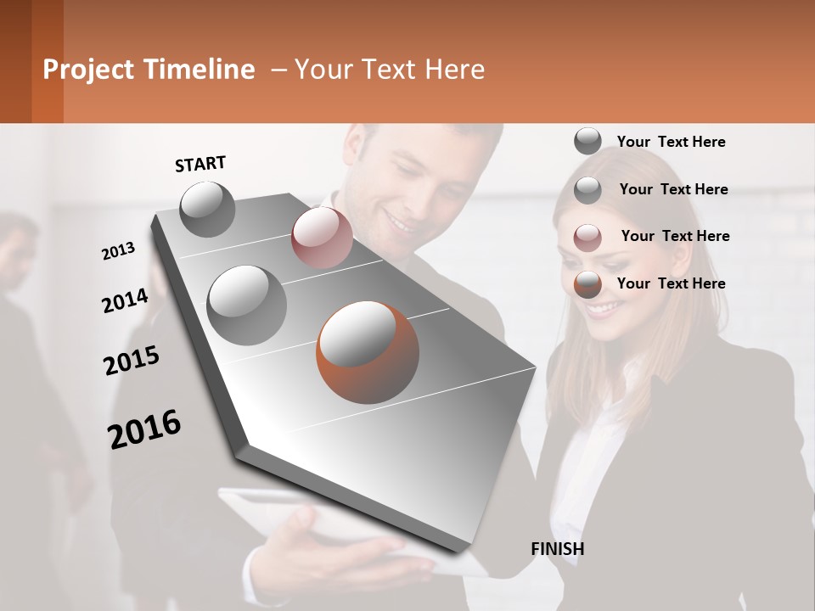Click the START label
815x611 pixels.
tap(200, 164)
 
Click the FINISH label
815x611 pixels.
tap(557, 549)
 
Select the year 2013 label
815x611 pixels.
tap(119, 250)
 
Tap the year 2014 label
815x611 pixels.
tap(125, 300)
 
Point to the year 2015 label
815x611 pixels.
tap(132, 360)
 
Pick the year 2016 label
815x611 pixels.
tap(144, 429)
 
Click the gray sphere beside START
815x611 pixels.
tap(207, 209)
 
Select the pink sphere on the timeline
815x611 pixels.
tap(322, 237)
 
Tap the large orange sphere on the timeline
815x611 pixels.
tap(367, 352)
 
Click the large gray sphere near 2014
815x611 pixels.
tap(246, 305)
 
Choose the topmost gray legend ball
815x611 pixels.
tap(587, 142)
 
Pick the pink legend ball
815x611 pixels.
tap(587, 238)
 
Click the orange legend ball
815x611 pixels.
tap(587, 285)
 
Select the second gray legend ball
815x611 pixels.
tap(587, 190)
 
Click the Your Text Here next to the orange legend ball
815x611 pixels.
tap(671, 283)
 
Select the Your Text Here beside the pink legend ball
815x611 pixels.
tap(675, 236)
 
